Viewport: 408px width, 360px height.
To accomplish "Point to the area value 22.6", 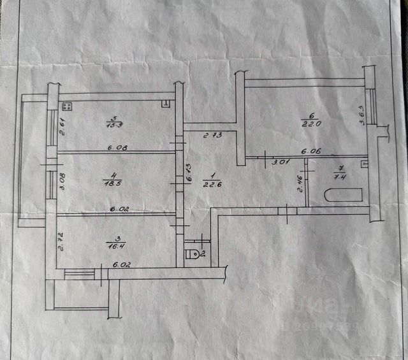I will pos(212,185).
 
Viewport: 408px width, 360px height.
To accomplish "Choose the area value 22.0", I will pos(310,124).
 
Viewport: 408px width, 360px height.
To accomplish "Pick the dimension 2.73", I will pos(212,135).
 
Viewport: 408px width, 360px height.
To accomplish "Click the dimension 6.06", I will pos(310,152).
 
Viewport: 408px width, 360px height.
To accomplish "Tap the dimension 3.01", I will pos(280,162).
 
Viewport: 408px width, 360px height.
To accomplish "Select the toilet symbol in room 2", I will pos(192,254).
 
